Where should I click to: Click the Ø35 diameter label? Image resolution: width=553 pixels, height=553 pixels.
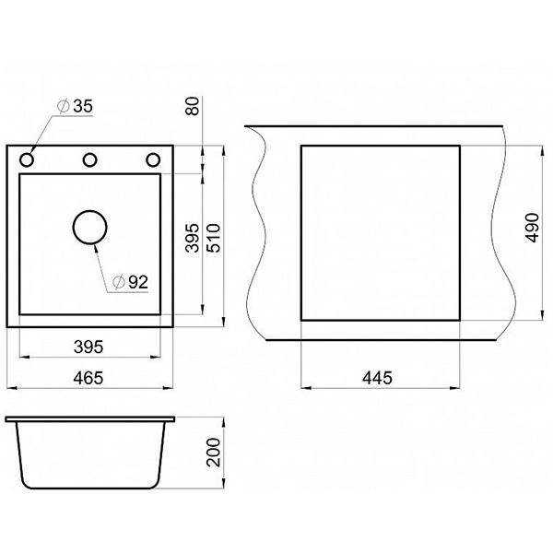76,106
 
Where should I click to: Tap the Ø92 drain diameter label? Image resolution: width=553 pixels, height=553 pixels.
130,282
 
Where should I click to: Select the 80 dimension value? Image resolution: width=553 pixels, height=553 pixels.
193,106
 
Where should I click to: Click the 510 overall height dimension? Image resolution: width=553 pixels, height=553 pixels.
213,238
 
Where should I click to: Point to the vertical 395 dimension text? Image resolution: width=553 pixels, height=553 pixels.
193,238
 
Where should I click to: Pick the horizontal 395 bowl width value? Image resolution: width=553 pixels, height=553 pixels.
88,347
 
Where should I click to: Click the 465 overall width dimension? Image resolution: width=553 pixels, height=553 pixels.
88,378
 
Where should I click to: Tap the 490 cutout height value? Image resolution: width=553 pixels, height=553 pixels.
532,228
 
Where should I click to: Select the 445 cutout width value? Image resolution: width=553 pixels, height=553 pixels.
377,378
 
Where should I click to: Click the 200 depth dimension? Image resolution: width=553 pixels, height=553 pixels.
213,453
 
